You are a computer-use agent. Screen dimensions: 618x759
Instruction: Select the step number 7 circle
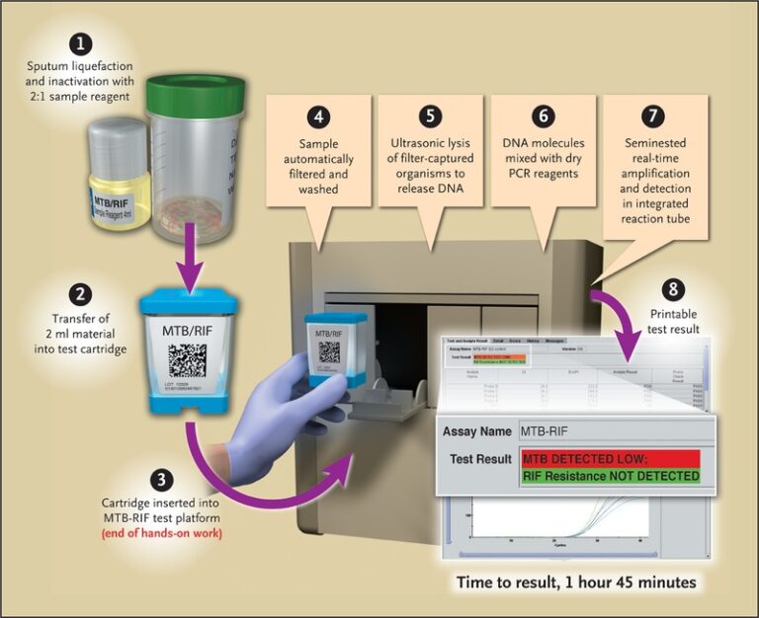pos(652,116)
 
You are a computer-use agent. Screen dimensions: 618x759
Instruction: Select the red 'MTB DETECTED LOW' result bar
pos(610,459)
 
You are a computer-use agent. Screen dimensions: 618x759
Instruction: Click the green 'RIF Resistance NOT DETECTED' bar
pos(610,477)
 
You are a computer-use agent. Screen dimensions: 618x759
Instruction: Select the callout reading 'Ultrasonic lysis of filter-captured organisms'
pos(430,158)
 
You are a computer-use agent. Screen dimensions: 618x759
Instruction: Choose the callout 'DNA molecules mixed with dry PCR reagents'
pos(542,158)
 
